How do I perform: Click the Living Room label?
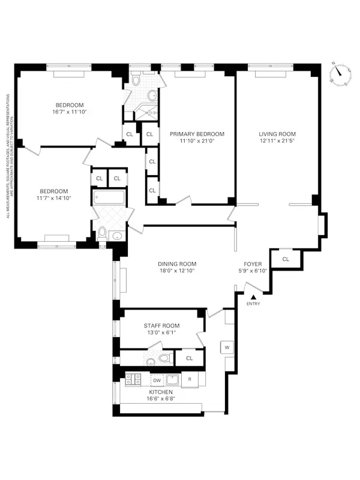click(277, 134)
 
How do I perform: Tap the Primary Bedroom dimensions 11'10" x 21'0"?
click(197, 142)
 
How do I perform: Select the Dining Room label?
click(177, 263)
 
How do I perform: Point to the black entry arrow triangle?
click(253, 296)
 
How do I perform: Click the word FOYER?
click(252, 263)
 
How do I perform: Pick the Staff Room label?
click(161, 326)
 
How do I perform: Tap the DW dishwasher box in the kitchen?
click(156, 380)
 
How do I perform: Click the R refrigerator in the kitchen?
click(190, 380)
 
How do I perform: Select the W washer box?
click(227, 347)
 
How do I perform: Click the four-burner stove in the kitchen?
click(133, 379)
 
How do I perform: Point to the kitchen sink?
click(173, 379)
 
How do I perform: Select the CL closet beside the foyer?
click(285, 259)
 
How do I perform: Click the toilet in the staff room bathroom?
click(164, 359)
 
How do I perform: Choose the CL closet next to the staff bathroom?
click(189, 358)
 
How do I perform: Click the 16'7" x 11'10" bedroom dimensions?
click(74, 112)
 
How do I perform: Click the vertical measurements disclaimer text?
click(8, 155)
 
